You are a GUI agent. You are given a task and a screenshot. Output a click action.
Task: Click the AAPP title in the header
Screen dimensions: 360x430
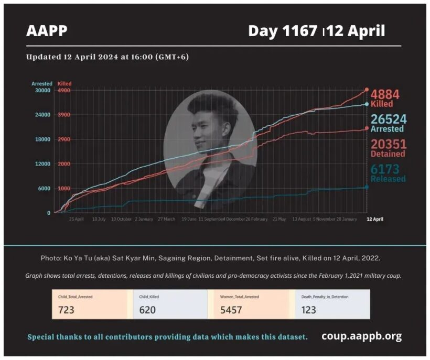point(47,31)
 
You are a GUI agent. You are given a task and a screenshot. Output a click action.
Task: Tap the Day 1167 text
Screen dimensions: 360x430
point(284,31)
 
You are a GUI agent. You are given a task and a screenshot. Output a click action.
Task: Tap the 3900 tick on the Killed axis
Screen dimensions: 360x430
point(64,115)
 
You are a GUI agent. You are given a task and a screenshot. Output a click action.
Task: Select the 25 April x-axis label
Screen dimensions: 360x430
point(76,219)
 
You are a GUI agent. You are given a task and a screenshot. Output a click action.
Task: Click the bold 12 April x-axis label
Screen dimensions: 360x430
point(374,219)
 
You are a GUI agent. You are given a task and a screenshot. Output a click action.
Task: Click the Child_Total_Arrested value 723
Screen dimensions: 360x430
point(66,310)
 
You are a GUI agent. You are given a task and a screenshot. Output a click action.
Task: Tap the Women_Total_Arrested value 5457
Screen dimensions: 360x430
point(231,310)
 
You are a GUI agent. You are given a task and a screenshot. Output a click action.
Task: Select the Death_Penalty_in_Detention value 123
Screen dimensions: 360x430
point(309,310)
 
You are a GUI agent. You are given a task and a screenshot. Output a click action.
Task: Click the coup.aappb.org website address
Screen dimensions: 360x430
point(361,336)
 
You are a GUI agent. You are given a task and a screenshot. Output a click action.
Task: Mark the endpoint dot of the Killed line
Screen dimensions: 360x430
point(367,90)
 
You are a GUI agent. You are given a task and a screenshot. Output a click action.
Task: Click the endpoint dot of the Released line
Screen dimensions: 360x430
point(367,187)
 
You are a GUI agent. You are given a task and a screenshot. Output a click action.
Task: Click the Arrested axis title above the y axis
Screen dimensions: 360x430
point(42,83)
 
